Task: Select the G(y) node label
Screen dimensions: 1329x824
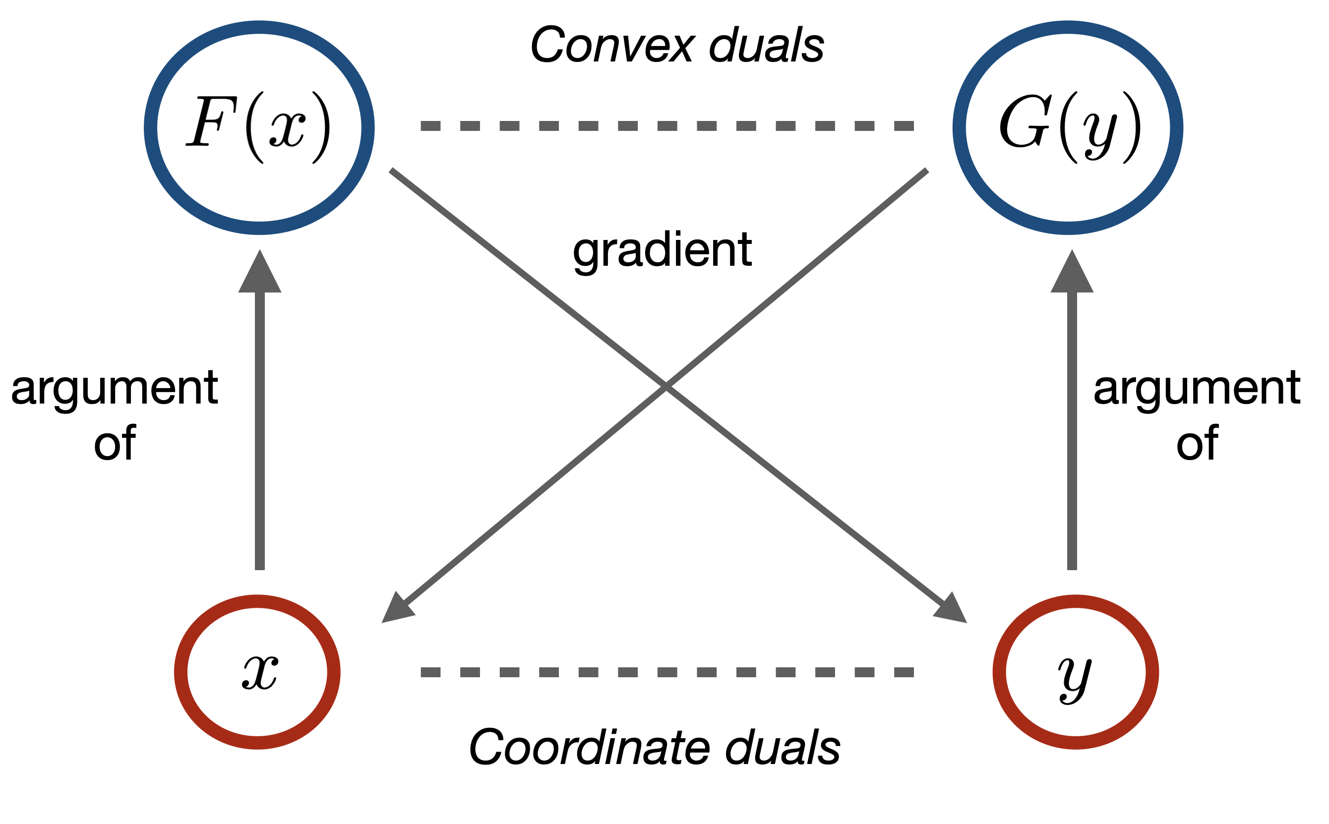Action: coord(1070,128)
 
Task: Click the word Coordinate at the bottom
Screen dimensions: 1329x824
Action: coord(589,747)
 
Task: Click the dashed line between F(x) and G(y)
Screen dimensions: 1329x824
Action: coord(667,126)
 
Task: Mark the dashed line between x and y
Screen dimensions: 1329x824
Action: coord(667,672)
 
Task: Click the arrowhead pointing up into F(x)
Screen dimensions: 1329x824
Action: coord(259,271)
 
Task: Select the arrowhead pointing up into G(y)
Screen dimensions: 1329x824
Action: coord(1072,271)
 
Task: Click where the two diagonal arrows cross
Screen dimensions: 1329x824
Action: coord(665,386)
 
